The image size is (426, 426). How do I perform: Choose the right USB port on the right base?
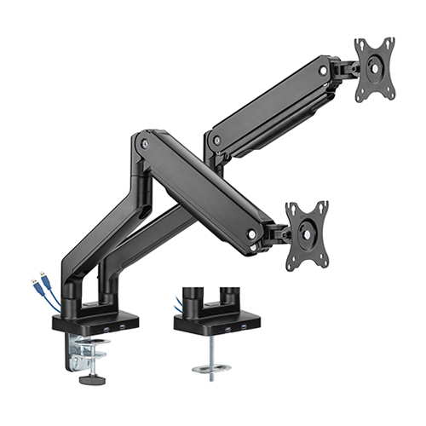pyautogui.click(x=245, y=326)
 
